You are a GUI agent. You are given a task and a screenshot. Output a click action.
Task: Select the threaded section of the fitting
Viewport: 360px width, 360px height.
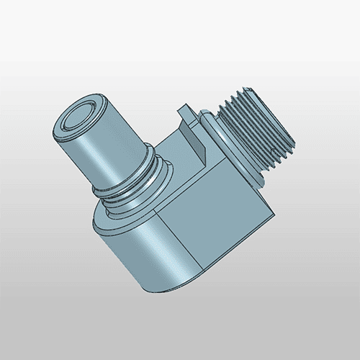click(x=259, y=137)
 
